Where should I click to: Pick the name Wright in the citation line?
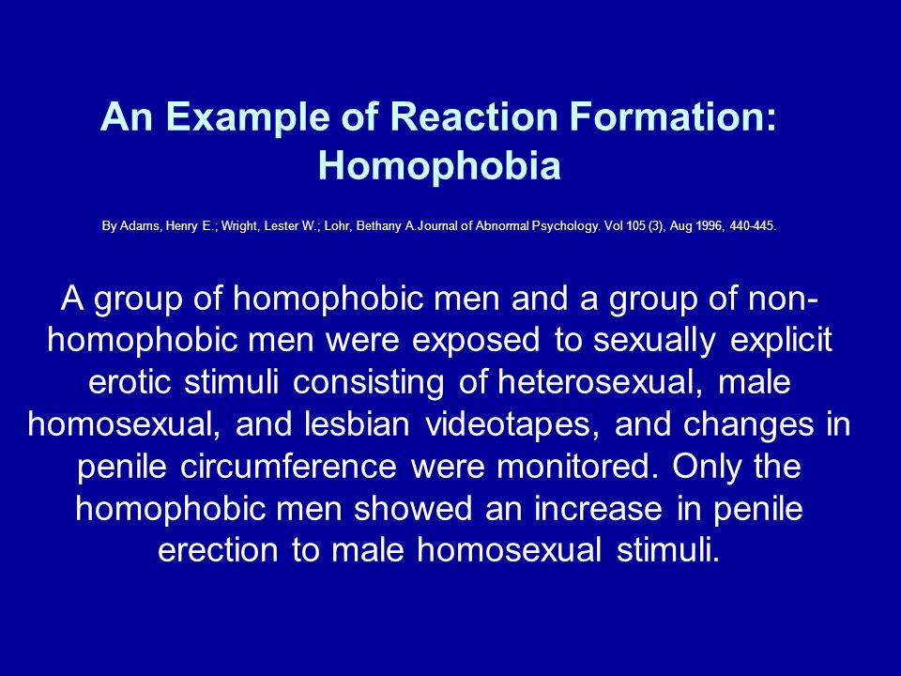[239, 226]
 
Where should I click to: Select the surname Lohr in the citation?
[337, 226]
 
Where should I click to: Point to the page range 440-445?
[753, 226]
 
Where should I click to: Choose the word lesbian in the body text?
[358, 424]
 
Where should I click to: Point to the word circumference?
[288, 467]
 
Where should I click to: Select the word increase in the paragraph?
[598, 509]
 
